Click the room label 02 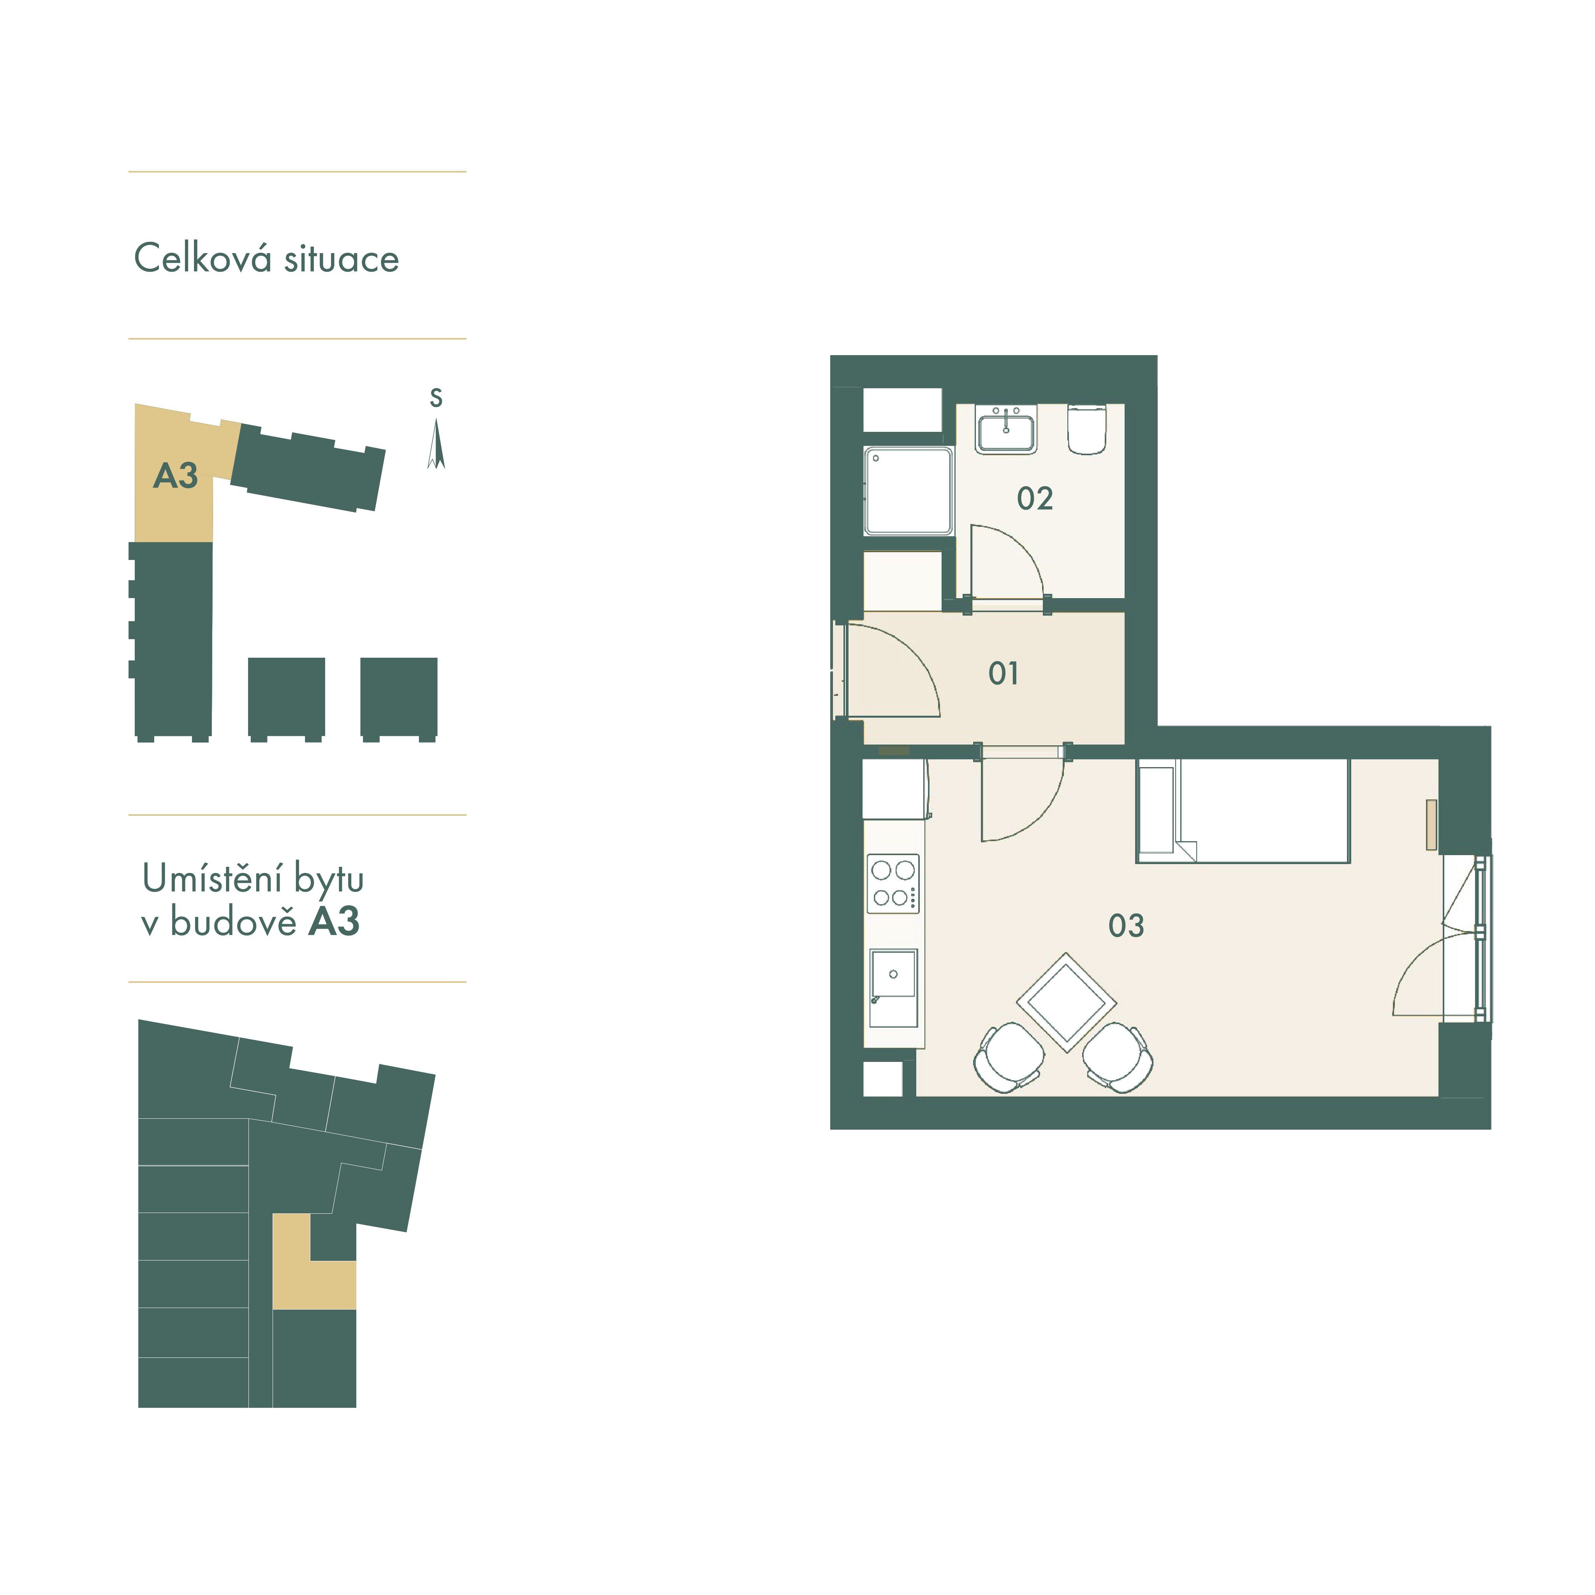coord(1034,499)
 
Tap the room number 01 coord(1003,674)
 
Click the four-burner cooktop coord(893,883)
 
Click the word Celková coord(203,259)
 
